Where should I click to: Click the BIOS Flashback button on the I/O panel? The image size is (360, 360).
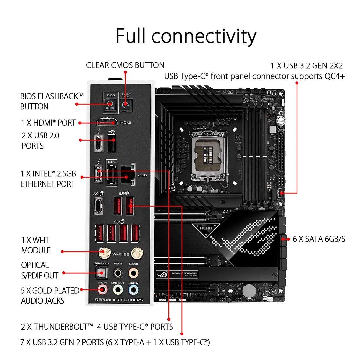point(110,105)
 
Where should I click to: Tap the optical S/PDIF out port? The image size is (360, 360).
point(101,272)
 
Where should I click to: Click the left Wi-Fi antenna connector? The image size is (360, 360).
point(104,253)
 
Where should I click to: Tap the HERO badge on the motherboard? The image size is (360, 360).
point(206,228)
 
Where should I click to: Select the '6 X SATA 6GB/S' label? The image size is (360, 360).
point(318,239)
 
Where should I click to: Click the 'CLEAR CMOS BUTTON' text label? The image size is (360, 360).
point(125,65)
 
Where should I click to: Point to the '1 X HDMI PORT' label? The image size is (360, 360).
point(48,123)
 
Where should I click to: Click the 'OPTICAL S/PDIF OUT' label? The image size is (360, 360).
point(40,270)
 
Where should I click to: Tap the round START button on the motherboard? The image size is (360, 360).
point(281,121)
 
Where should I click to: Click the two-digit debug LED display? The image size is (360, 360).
point(271,93)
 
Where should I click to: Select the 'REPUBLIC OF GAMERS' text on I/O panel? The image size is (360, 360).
point(119,300)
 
